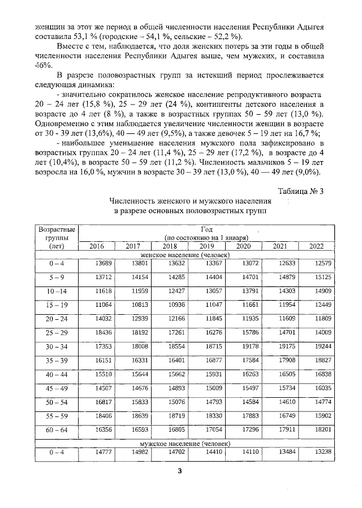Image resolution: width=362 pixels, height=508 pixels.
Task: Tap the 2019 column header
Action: point(206,246)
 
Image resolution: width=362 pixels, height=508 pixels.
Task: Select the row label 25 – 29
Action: point(57,333)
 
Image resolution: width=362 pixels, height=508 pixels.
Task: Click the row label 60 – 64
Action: point(57,430)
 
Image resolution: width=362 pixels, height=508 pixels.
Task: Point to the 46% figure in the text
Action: point(43,66)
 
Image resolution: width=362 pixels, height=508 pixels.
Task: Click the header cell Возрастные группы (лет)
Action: point(57,238)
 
